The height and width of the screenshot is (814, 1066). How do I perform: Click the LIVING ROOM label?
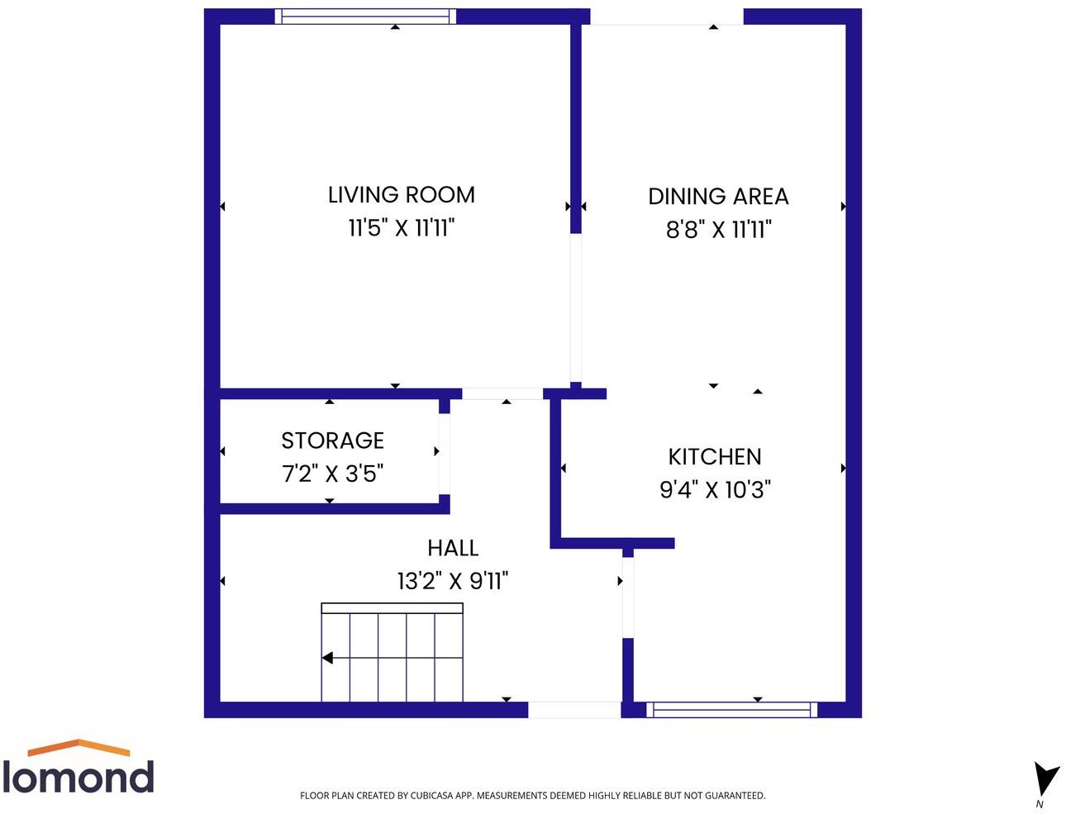pyautogui.click(x=402, y=195)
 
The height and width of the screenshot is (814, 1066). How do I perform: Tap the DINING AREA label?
pyautogui.click(x=718, y=197)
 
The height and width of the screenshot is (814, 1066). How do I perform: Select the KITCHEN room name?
pyautogui.click(x=715, y=457)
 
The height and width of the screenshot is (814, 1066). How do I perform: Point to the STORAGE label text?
pyautogui.click(x=332, y=440)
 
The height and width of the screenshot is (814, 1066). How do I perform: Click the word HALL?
pyautogui.click(x=453, y=548)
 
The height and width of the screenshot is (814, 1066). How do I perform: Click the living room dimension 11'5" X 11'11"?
pyautogui.click(x=402, y=228)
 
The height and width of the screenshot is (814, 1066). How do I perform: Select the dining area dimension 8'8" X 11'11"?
pyautogui.click(x=718, y=230)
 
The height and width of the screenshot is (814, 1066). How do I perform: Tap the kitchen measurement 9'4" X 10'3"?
pyautogui.click(x=715, y=490)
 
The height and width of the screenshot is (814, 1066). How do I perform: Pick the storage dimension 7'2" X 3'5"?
pyautogui.click(x=332, y=474)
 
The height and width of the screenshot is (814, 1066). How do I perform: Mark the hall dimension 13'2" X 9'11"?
pyautogui.click(x=453, y=581)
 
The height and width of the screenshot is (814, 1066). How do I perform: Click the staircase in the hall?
pyautogui.click(x=392, y=653)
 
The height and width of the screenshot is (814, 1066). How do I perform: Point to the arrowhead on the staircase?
pyautogui.click(x=327, y=659)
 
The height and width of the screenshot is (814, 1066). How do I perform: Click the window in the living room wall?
pyautogui.click(x=364, y=17)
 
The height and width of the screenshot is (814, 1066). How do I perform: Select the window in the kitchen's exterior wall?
pyautogui.click(x=731, y=709)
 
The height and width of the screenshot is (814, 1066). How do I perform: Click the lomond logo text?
pyautogui.click(x=79, y=778)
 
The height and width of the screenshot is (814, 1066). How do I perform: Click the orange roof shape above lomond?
pyautogui.click(x=79, y=747)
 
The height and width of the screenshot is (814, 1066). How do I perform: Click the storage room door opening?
pyautogui.click(x=444, y=453)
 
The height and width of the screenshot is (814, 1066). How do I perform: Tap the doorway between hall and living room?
pyautogui.click(x=502, y=393)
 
